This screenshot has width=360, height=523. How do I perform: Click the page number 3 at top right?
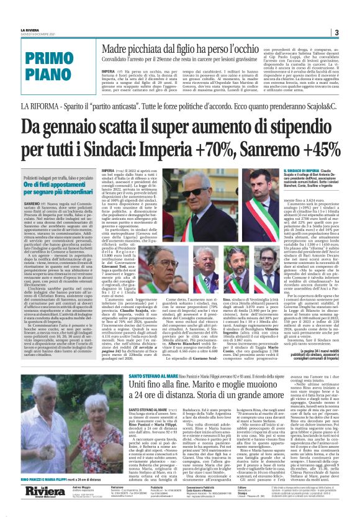pos(336,33)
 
